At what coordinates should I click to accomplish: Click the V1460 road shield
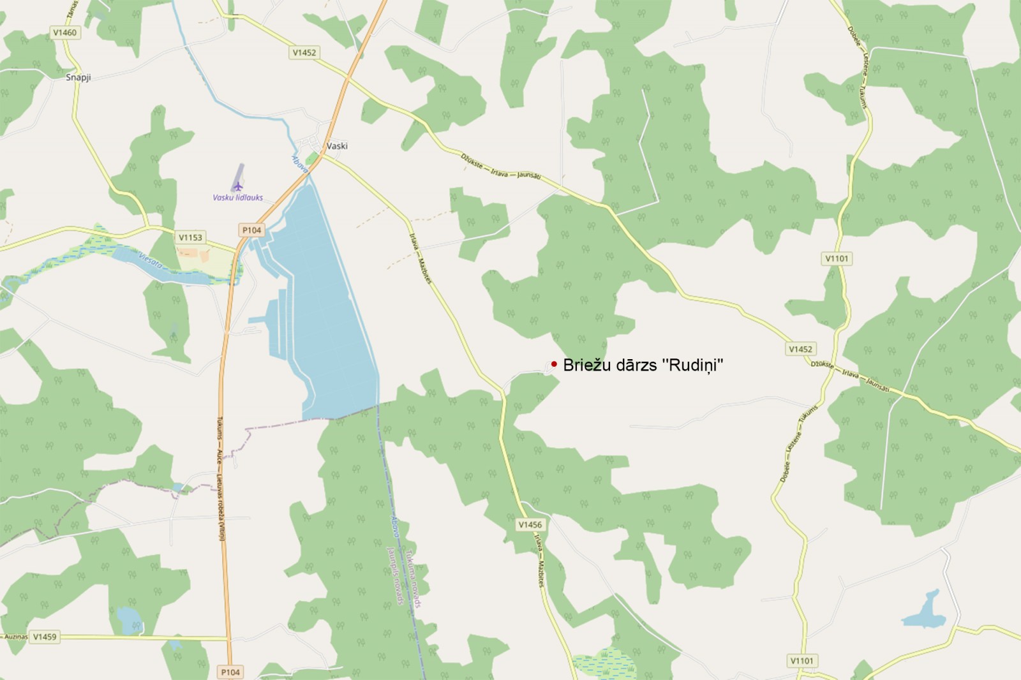tap(64, 33)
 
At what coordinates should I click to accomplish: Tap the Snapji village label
tap(78, 77)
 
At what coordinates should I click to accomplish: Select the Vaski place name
tap(337, 145)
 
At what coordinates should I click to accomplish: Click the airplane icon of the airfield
tap(238, 186)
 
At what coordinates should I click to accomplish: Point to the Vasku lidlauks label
tap(237, 198)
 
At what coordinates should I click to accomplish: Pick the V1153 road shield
tap(190, 237)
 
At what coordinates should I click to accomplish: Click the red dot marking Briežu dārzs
tap(554, 364)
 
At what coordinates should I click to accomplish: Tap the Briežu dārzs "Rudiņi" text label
tap(643, 365)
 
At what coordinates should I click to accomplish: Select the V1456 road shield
tap(530, 524)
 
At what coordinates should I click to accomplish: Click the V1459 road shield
tap(45, 637)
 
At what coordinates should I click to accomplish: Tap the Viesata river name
tap(151, 260)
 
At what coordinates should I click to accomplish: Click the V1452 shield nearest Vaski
tap(304, 52)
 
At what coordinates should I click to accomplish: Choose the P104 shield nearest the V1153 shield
tap(251, 230)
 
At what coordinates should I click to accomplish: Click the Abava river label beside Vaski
tap(300, 165)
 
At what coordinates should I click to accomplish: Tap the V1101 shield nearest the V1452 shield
tap(837, 258)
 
